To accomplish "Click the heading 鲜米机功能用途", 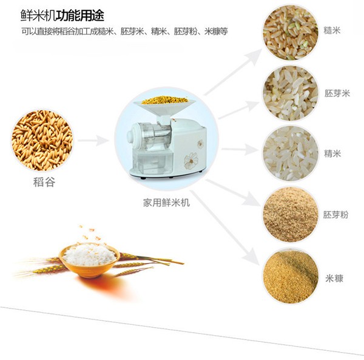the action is point(62,16).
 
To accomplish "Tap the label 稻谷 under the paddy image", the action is point(44,182).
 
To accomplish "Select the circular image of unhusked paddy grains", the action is point(42,140).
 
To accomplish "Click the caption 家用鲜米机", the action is point(166,202).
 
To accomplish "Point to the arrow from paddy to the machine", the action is point(93,141).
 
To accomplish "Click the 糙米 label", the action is point(332,30).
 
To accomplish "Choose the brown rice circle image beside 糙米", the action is point(290,33).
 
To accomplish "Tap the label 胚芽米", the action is point(337,93).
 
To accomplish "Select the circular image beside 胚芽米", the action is point(290,93).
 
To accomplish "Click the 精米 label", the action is point(332,153).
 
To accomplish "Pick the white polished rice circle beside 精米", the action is point(290,153).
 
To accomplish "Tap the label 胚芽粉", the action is point(335,215).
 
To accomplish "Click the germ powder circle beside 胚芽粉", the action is point(290,215).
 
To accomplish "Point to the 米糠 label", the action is point(334,278).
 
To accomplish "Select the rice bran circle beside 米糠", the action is point(290,276).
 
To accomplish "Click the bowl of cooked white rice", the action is point(89,259).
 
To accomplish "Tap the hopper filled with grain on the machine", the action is point(165,105).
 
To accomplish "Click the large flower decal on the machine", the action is point(191,161).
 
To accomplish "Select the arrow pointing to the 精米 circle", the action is point(240,149).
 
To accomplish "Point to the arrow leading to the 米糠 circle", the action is point(224,227).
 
